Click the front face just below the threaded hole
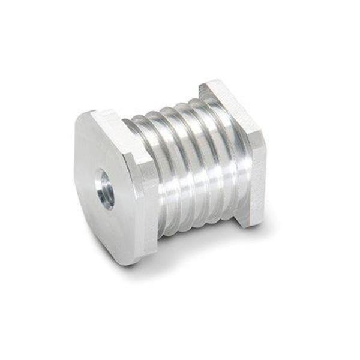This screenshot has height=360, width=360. coord(108,216)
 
